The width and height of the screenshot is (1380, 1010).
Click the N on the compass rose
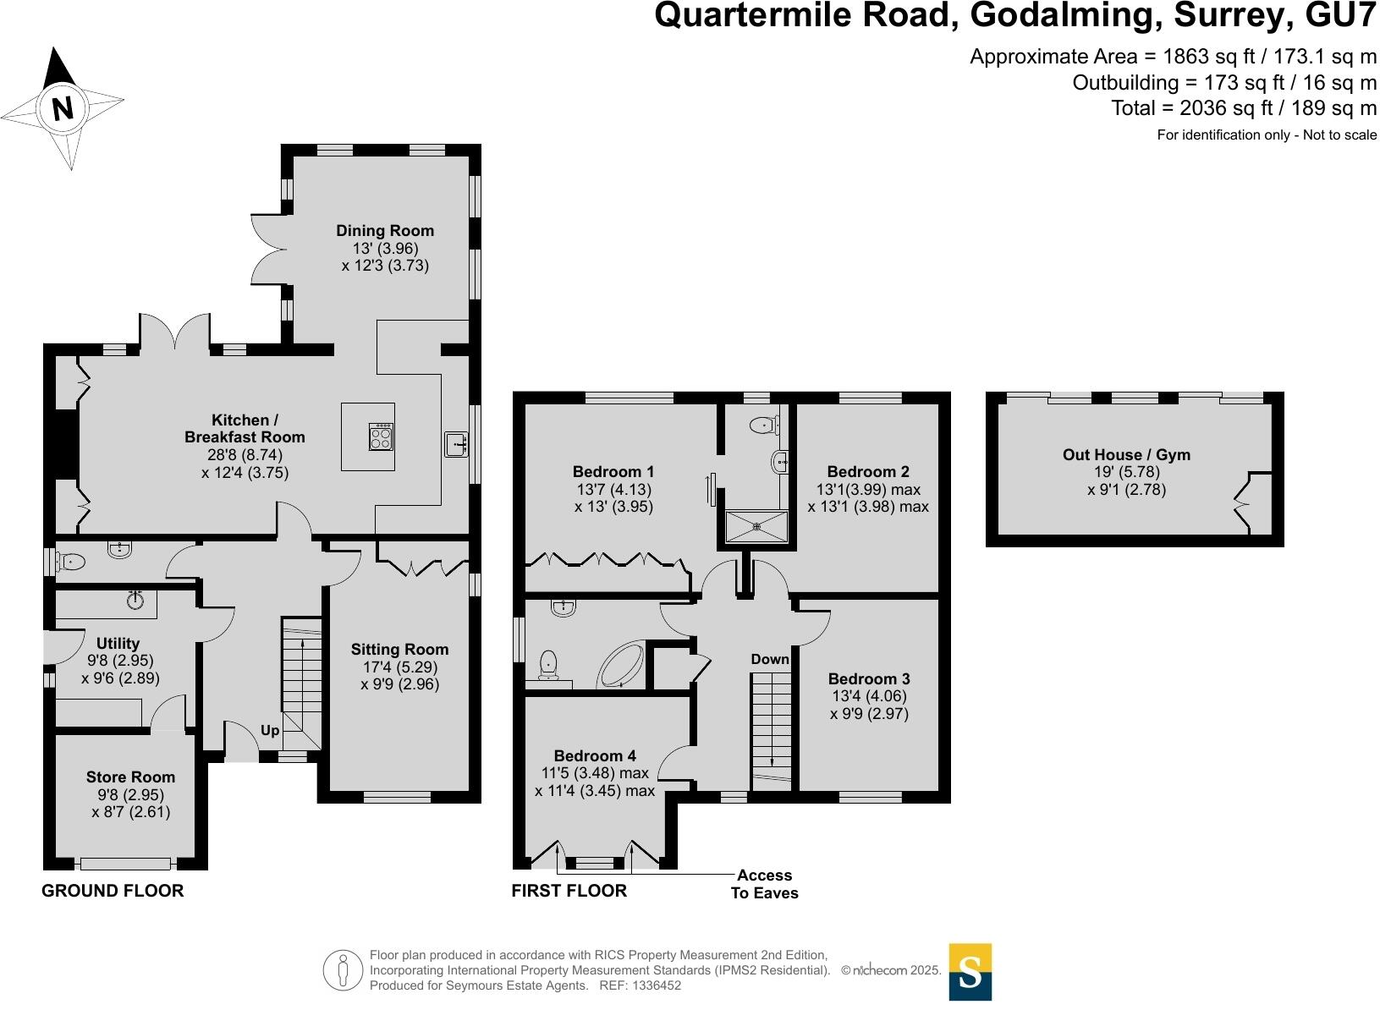pos(63,109)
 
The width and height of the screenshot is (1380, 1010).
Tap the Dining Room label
pos(385,231)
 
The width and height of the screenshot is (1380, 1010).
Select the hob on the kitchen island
pos(381,436)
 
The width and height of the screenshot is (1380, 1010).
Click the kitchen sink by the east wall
pos(456,444)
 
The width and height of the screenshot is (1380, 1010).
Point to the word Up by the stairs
pos(270,731)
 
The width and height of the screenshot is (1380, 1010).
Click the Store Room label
pos(130,777)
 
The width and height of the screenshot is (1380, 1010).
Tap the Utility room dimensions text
pos(120,669)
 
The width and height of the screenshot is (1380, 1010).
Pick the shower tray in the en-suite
pos(756,526)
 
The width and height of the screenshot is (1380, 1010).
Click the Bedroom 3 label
pos(869,678)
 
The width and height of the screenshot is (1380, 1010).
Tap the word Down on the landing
pos(769,659)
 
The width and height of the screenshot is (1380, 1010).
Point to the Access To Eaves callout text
pos(764,884)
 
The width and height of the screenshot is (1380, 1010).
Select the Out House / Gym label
pos(1126,454)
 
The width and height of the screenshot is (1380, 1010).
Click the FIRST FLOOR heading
pos(569,891)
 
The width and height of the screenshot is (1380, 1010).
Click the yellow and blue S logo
pos(970,972)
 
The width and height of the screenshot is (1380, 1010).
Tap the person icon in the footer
pos(343,970)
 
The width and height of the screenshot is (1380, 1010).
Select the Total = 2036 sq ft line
pos(1244,108)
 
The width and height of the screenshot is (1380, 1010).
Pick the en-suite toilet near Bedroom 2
pos(765,425)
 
